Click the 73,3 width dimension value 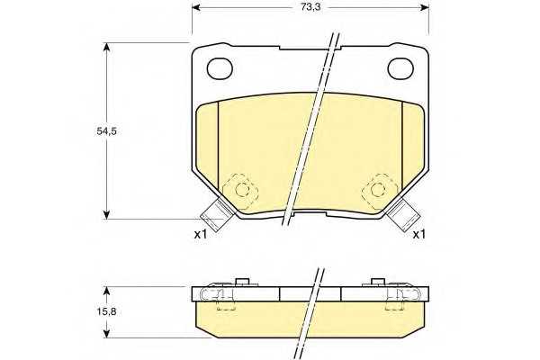pos(310,7)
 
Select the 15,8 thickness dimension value pos(107,311)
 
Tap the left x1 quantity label pos(201,235)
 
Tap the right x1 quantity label pos(419,235)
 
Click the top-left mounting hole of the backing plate pos(220,67)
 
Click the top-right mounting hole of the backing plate pos(400,68)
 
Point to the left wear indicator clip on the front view pos(217,214)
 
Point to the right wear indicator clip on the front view pos(403,214)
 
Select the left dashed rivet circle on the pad pos(242,189)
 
